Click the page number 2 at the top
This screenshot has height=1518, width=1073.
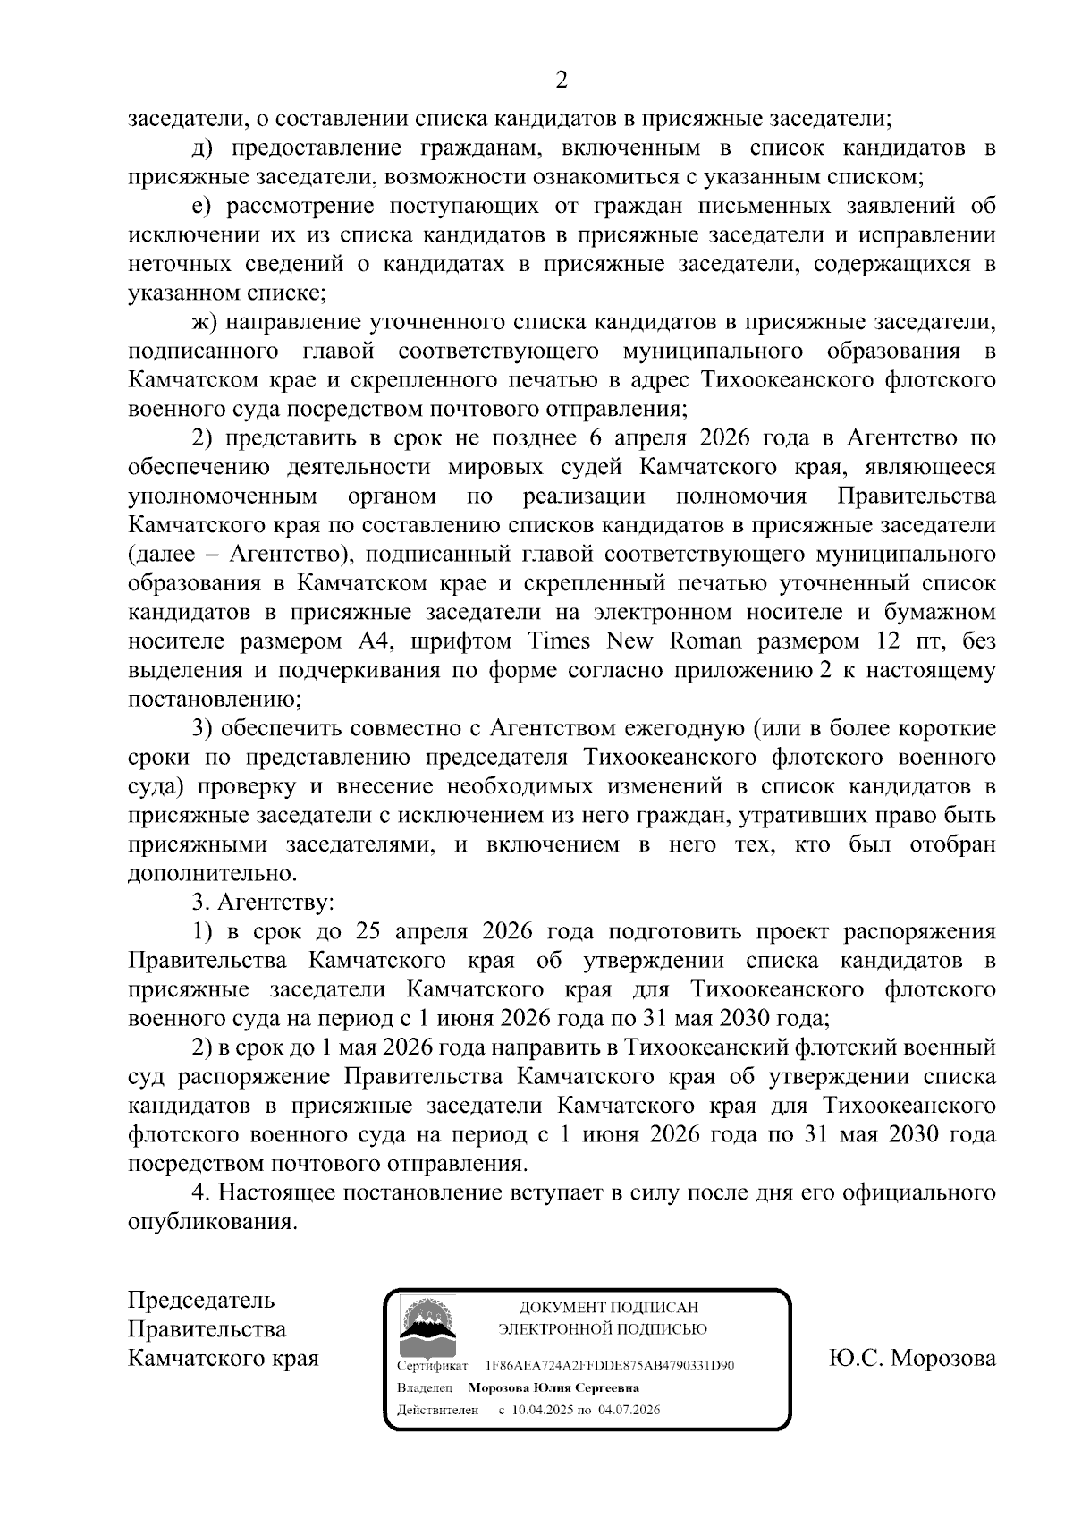(561, 81)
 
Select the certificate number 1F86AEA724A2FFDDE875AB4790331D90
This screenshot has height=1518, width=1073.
(609, 1366)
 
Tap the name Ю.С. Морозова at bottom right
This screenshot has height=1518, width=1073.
(911, 1358)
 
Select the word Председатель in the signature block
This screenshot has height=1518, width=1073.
(201, 1300)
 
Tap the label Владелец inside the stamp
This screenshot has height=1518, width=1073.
(425, 1388)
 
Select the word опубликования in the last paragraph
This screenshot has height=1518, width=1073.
(212, 1222)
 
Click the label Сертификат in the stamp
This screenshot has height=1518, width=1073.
(432, 1366)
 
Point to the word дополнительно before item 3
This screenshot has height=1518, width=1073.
(211, 874)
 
